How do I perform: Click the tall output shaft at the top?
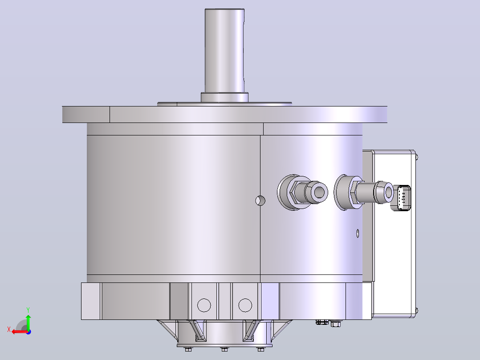click(x=224, y=50)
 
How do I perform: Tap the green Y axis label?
click(x=28, y=310)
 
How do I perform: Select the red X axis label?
click(x=9, y=330)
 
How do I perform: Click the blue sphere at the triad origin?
click(x=28, y=332)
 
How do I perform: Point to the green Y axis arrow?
click(x=28, y=322)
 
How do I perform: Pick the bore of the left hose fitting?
click(x=319, y=192)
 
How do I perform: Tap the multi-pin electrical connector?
click(x=403, y=198)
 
